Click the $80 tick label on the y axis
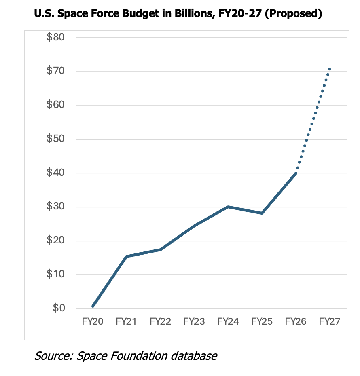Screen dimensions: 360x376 coord(56,37)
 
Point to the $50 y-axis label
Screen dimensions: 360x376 coord(56,139)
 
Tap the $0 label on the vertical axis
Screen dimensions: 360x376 coord(59,308)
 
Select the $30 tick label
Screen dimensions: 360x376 coord(56,207)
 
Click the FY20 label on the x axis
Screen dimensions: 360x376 coord(93,321)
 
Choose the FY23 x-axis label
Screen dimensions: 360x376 coord(194,321)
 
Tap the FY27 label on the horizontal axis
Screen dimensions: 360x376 coord(330,321)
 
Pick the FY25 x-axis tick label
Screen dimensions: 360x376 coord(262,321)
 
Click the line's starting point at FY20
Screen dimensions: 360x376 coord(93,306)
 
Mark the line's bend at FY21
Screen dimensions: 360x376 coord(126,257)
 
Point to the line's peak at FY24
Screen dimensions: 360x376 coord(228,207)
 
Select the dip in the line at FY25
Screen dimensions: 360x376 coord(262,213)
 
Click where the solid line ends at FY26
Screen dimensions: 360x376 coord(296,173)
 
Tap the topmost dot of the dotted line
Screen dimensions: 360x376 coord(330,69)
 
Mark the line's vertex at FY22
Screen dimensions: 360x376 coord(160,250)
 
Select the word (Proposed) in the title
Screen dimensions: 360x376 coord(293,14)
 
